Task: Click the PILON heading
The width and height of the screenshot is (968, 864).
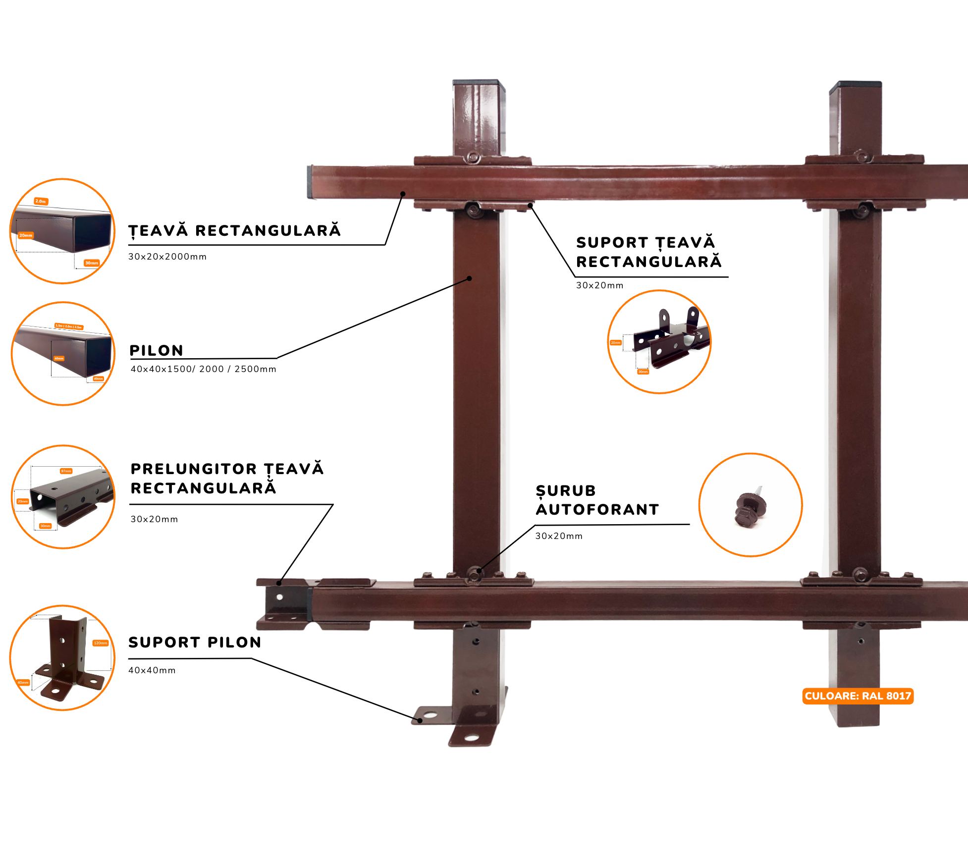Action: click(x=156, y=350)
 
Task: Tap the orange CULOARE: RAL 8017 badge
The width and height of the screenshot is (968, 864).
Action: click(x=858, y=696)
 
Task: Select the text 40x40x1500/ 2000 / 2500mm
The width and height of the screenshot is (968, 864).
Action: click(x=203, y=369)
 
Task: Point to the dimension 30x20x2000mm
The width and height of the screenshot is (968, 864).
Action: click(x=167, y=257)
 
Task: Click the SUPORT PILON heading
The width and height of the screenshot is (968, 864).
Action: click(x=195, y=642)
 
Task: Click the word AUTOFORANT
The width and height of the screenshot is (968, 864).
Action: click(x=597, y=509)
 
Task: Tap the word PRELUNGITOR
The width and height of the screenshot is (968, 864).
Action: click(x=194, y=469)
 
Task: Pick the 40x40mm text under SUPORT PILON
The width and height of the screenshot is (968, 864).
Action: click(x=152, y=670)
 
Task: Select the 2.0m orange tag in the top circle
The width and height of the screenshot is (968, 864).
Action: click(x=41, y=201)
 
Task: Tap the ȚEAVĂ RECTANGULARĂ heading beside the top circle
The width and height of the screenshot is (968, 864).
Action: click(x=234, y=231)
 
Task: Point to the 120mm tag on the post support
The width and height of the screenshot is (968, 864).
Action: click(x=100, y=643)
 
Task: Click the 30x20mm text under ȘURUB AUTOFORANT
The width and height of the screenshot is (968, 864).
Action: click(x=559, y=536)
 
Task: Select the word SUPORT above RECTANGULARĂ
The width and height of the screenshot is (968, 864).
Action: click(x=612, y=243)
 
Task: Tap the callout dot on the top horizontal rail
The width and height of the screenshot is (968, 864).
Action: click(x=403, y=194)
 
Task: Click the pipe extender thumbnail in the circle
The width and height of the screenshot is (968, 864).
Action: click(x=69, y=497)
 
